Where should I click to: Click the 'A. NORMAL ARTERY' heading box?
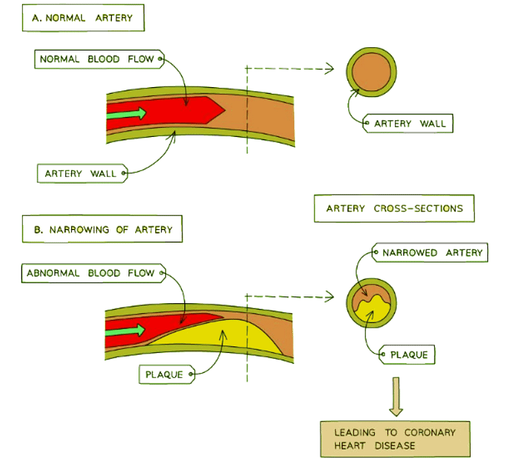83,19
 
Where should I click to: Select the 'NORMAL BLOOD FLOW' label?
97,59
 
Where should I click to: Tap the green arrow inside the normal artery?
126,113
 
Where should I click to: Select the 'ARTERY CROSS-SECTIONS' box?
394,209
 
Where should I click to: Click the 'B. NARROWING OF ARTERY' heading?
102,230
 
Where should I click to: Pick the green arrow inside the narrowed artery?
126,330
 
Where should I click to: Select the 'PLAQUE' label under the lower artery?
164,375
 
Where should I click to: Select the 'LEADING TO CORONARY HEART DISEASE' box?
395,439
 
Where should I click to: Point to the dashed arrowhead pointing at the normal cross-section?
328,68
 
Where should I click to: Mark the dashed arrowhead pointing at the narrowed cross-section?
328,295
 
